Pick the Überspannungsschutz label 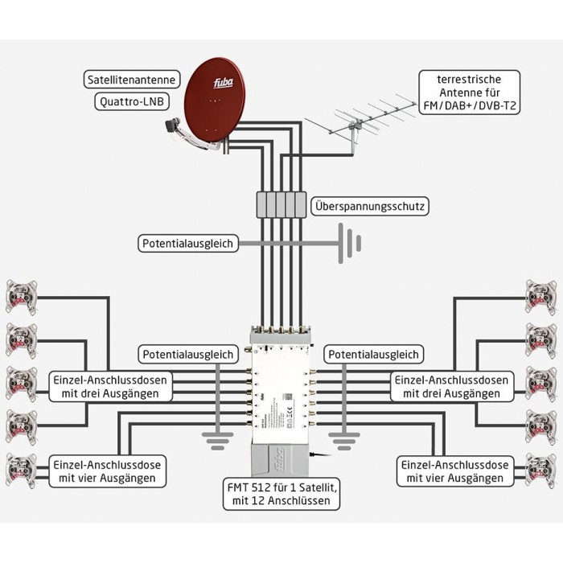point(368,207)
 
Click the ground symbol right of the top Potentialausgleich point(348,241)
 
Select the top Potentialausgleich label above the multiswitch point(188,242)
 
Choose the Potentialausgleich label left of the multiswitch point(188,354)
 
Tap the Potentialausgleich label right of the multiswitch point(372,354)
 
